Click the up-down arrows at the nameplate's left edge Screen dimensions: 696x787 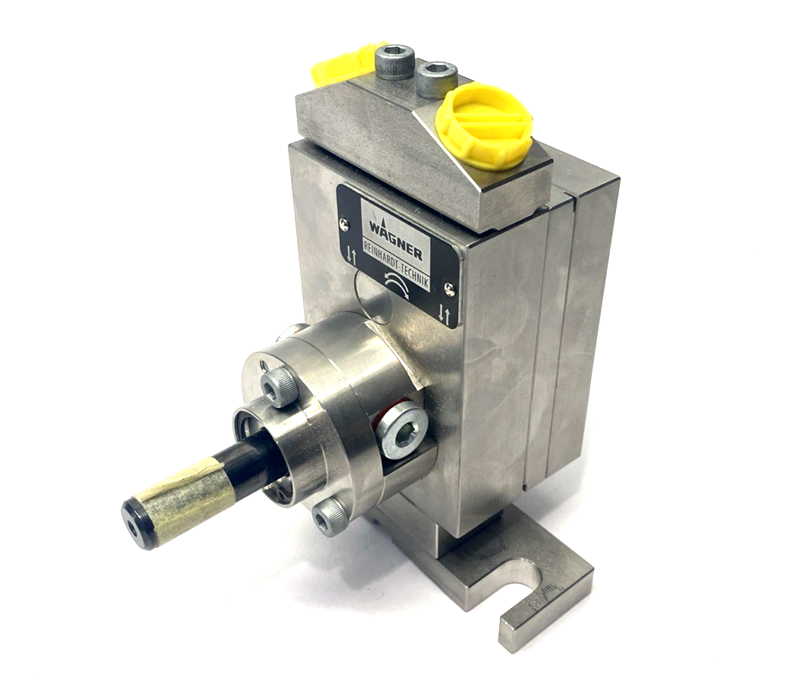pos(350,252)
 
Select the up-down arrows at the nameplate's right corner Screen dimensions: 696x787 pos(447,314)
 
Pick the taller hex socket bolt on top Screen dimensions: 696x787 pos(397,61)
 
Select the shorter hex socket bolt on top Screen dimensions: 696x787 pos(436,78)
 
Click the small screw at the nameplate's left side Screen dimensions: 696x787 pos(346,223)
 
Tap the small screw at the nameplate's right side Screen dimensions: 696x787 pos(450,287)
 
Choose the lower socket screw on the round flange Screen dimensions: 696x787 pos(330,517)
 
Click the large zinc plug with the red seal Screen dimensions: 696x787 pos(402,429)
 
